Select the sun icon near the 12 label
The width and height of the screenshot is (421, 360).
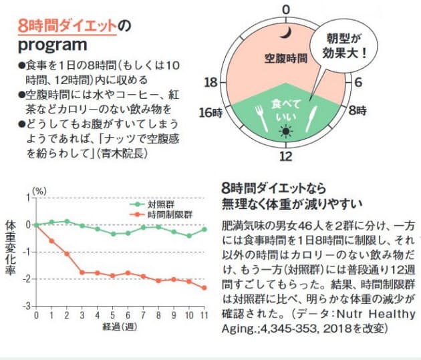pyautogui.click(x=286, y=132)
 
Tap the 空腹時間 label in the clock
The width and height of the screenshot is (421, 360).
pyautogui.click(x=285, y=58)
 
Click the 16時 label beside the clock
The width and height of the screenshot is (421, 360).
pyautogui.click(x=209, y=112)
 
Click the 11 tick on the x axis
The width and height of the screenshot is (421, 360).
pyautogui.click(x=204, y=314)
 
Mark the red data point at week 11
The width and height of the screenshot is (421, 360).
pyautogui.click(x=204, y=287)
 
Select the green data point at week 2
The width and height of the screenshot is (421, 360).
pyautogui.click(x=67, y=221)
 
